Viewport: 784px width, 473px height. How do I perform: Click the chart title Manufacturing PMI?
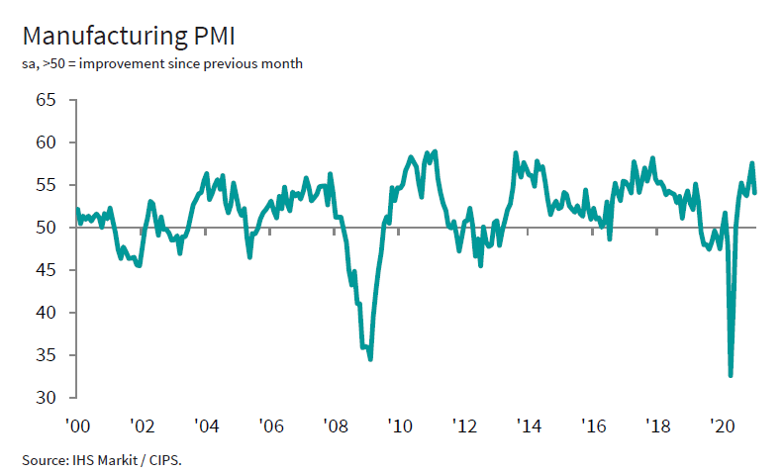tap(128, 36)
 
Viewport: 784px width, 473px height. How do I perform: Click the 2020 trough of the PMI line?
tap(731, 375)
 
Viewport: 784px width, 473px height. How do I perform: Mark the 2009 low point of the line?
tap(370, 358)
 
